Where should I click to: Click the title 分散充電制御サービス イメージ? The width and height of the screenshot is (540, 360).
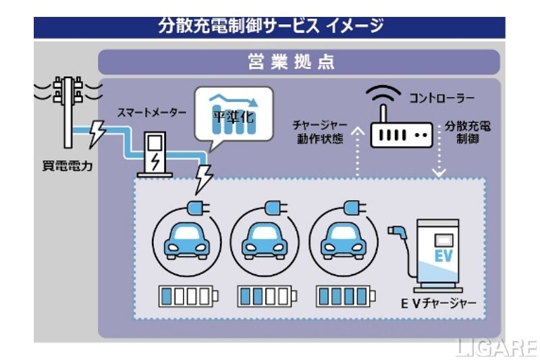coord(270,26)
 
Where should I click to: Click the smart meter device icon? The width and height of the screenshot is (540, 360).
coord(155,154)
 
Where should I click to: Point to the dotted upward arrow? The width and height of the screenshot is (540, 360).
coord(357,152)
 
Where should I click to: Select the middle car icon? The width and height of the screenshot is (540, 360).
coord(261,240)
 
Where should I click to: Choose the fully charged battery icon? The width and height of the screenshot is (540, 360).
coord(344,296)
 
